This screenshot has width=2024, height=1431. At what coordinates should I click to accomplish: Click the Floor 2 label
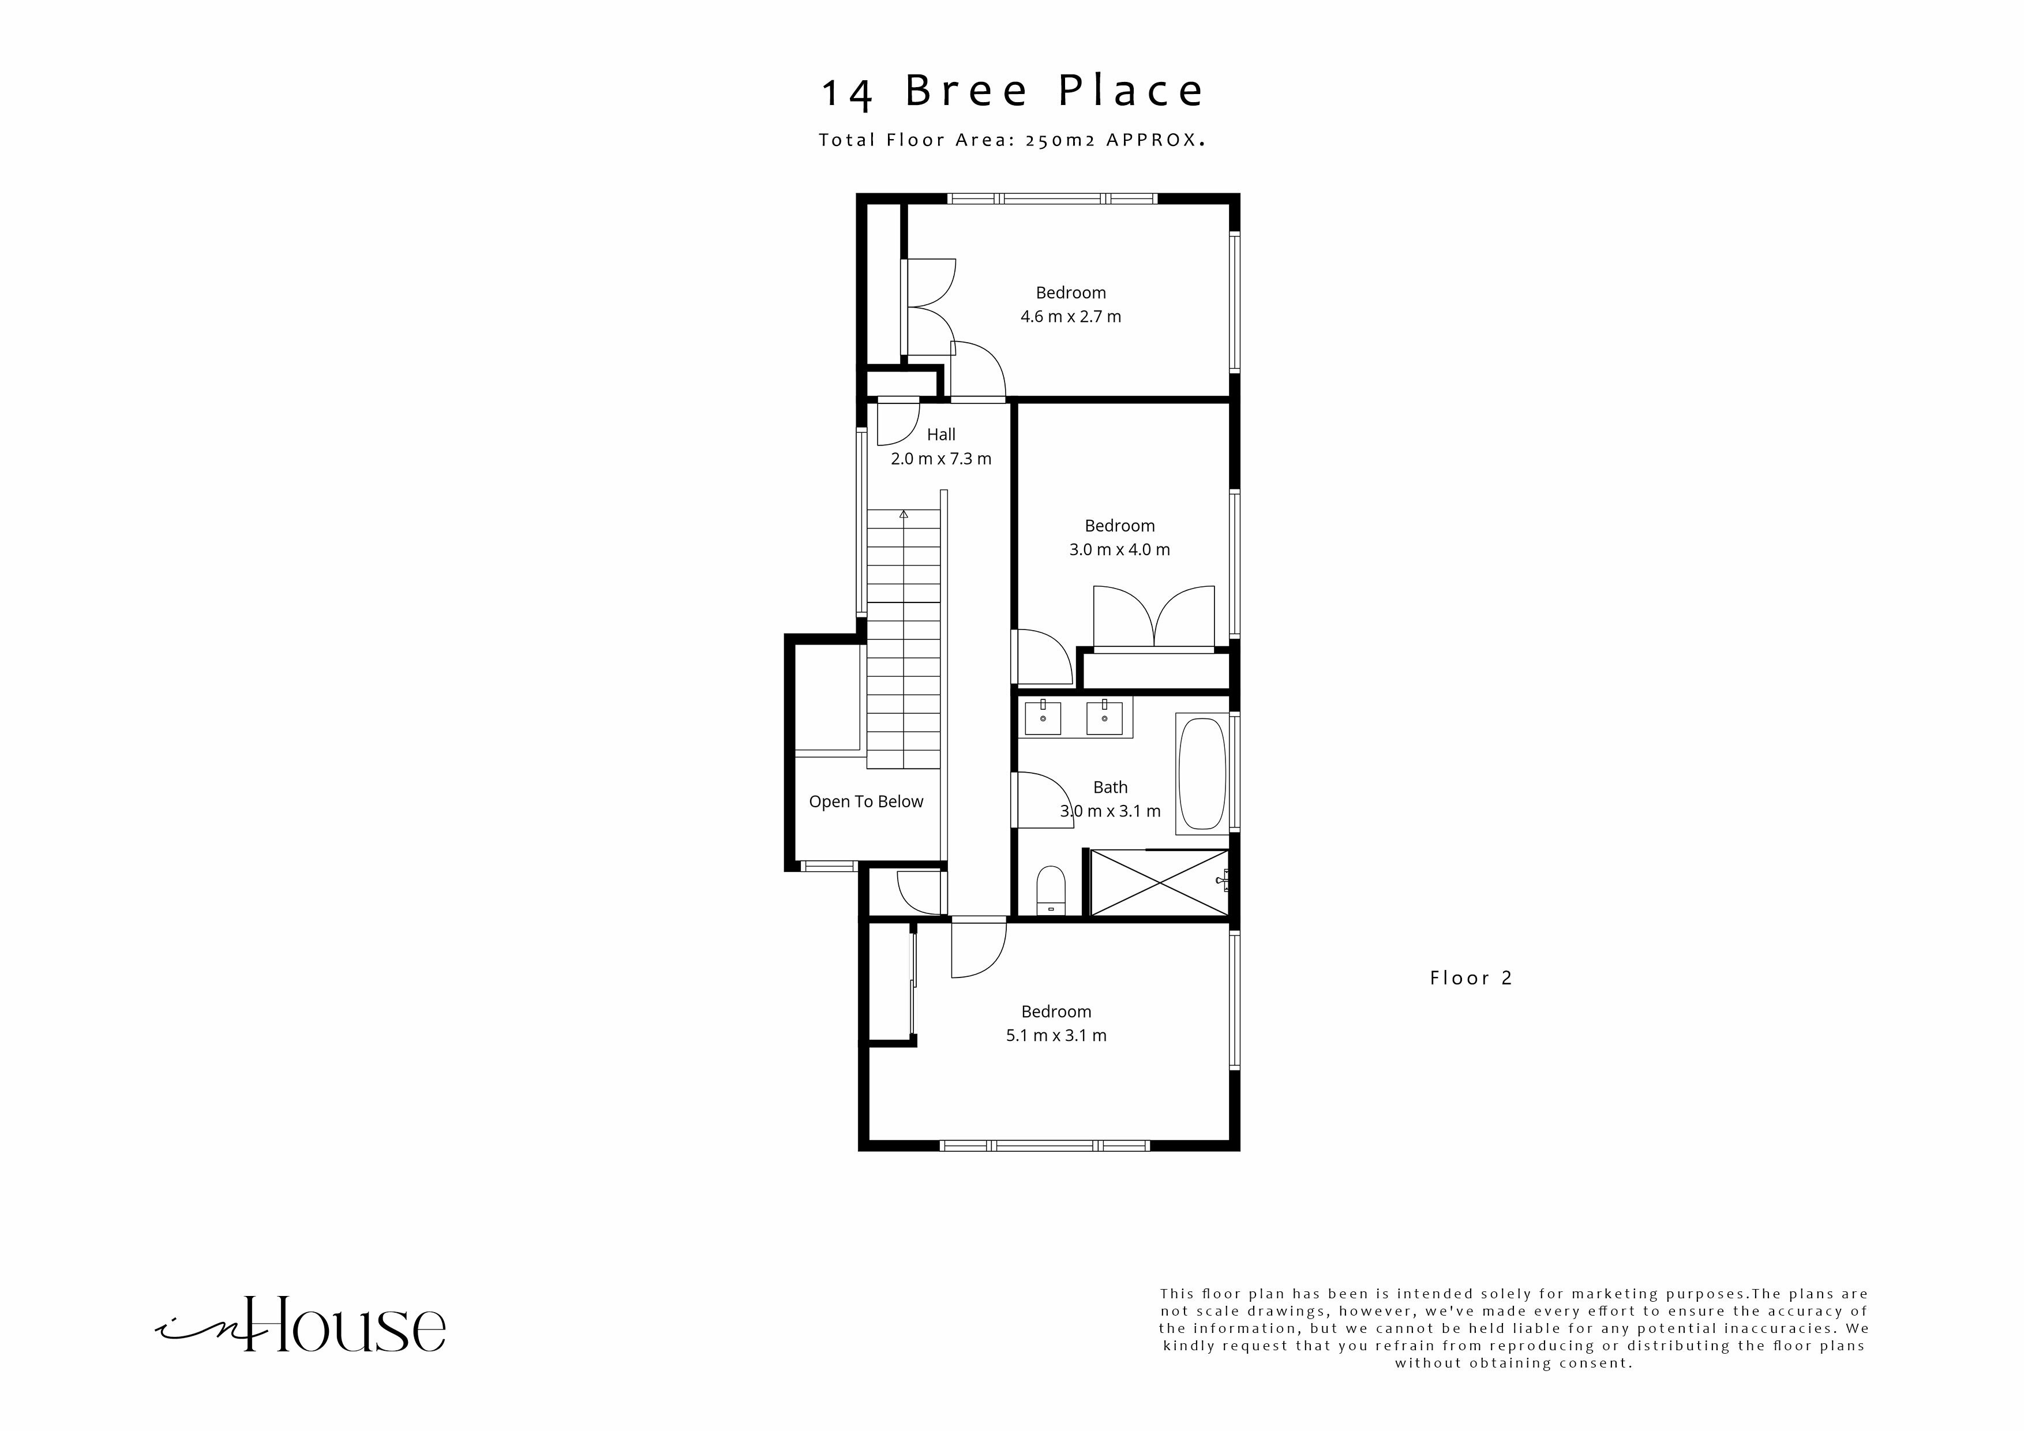tap(1470, 978)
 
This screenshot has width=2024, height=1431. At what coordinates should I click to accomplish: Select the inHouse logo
tap(302, 1324)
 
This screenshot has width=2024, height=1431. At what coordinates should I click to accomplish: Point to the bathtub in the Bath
tap(1201, 773)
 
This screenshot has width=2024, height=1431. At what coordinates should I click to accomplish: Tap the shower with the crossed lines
tap(1159, 883)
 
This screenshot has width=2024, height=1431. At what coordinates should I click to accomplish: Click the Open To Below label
tap(865, 801)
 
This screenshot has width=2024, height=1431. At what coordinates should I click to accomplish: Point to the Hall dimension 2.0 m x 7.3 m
tap(940, 459)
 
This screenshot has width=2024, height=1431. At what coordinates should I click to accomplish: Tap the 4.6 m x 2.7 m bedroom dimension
tap(1070, 317)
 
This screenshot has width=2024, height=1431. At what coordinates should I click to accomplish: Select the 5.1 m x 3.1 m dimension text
tap(1055, 1035)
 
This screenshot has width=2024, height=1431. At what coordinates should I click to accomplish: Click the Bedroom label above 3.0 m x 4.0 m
tap(1119, 526)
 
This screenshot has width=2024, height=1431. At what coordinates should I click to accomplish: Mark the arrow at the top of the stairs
tap(903, 513)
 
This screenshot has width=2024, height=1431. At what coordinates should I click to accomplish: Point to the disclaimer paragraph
tap(1513, 1328)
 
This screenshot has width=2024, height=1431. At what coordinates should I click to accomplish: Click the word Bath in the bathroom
tap(1110, 788)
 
